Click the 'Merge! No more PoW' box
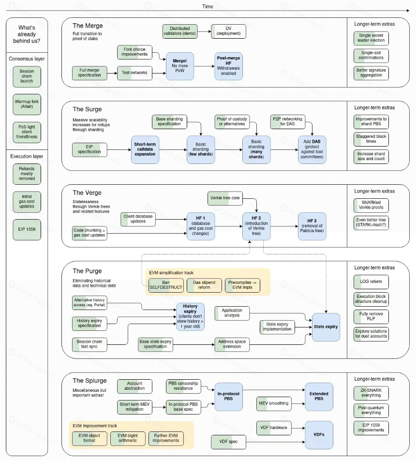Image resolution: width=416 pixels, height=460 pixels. (x=180, y=66)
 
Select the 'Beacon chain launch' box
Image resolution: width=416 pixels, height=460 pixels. (x=27, y=76)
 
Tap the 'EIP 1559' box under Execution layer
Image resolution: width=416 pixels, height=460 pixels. (x=27, y=229)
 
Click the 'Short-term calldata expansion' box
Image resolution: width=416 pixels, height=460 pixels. (x=145, y=149)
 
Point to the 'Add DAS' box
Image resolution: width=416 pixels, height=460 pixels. (x=312, y=149)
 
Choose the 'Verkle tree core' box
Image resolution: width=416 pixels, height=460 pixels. (x=225, y=198)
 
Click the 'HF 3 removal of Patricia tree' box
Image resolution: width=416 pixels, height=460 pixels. (x=312, y=226)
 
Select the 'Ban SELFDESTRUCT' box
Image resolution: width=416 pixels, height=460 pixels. (x=166, y=285)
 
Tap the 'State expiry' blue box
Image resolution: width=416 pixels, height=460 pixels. (x=326, y=327)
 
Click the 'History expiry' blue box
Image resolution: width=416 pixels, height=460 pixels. (x=190, y=317)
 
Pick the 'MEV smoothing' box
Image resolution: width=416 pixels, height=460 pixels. (x=274, y=403)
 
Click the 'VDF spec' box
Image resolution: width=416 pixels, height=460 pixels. (x=228, y=442)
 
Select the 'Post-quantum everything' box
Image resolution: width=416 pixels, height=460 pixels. (x=371, y=411)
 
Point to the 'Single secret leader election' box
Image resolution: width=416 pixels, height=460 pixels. (x=371, y=38)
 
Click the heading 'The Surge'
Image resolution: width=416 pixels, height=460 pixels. (x=87, y=109)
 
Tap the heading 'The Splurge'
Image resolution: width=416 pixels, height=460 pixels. (x=89, y=381)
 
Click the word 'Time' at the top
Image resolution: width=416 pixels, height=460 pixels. (x=208, y=6)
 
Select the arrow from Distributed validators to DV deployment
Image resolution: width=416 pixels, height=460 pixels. (x=204, y=31)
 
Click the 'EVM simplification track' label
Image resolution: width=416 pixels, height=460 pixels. (x=171, y=273)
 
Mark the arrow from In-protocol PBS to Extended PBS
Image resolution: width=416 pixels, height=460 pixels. (x=274, y=390)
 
